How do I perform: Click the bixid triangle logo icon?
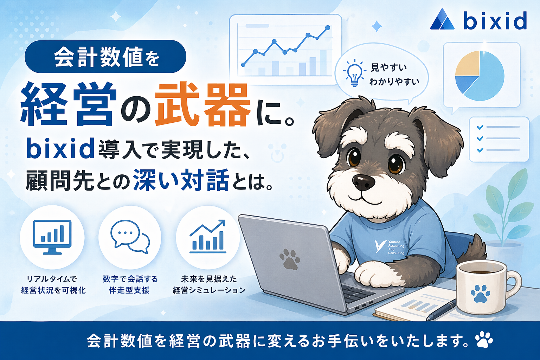pos(442,19)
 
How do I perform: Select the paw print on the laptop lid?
pos(290,259)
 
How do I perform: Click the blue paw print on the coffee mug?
pos(480,294)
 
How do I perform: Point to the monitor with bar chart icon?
pos(52,237)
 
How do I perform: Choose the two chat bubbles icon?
pos(130,237)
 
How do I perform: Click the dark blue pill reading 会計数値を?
pos(105,57)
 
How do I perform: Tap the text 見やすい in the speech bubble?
pos(388,67)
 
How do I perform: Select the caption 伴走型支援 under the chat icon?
pos(129,290)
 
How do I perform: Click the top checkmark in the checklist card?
pos(480,127)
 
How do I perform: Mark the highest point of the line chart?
pos(328,28)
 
